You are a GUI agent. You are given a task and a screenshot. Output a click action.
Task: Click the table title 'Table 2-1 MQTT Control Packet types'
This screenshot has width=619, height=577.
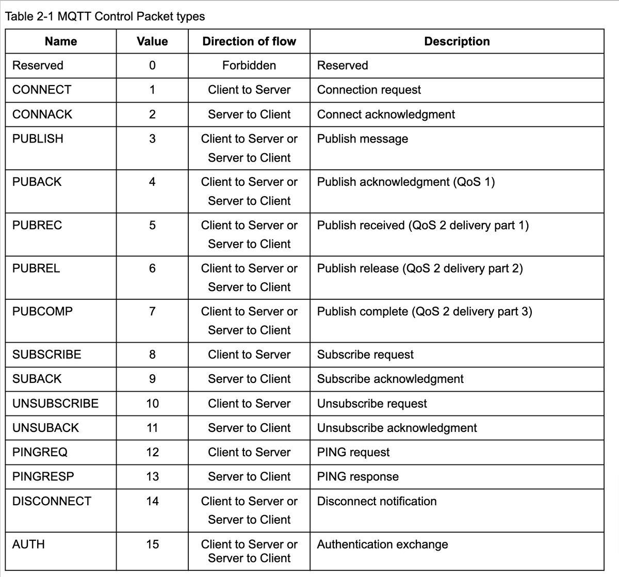[x=105, y=17]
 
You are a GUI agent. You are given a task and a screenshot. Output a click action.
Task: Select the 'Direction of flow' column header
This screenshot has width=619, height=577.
[x=249, y=41]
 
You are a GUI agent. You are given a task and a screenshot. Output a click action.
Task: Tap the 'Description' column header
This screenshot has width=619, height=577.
[x=457, y=41]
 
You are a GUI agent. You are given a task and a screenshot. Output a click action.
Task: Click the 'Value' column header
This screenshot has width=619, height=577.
[x=152, y=41]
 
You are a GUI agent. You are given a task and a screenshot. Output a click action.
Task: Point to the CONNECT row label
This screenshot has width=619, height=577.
[x=42, y=90]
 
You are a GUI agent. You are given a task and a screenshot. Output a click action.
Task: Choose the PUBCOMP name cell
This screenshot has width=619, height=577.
[x=42, y=312]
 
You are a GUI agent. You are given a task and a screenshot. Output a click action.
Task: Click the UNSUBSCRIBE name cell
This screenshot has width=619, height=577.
[x=55, y=404]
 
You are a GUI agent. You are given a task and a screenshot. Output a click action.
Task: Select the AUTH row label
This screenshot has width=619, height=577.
[x=28, y=544]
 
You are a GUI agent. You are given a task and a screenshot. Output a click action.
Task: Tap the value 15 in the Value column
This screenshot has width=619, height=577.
[x=152, y=544]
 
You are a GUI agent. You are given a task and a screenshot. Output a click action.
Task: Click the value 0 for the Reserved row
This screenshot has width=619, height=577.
[x=152, y=66]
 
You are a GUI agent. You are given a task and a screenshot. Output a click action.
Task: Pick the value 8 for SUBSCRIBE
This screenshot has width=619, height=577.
[x=152, y=355]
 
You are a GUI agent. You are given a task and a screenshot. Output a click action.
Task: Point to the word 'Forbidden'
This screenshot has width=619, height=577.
[x=249, y=66]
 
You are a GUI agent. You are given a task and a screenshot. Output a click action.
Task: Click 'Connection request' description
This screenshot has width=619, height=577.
[x=369, y=90]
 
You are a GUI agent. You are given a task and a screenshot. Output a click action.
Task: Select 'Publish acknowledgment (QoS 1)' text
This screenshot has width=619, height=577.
[x=406, y=182]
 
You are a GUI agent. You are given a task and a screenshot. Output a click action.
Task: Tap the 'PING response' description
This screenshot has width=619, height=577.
[x=358, y=477]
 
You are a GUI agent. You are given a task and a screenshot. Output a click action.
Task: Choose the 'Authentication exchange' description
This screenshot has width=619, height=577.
[x=382, y=544]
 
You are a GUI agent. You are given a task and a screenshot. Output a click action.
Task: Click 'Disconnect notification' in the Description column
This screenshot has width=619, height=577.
[x=377, y=501]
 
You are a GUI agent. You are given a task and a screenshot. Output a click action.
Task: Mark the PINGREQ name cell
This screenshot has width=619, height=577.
[x=40, y=453]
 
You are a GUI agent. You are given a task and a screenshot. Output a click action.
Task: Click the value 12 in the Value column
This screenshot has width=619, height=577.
[x=152, y=453]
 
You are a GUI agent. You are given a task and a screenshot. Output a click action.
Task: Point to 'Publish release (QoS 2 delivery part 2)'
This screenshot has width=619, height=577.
[x=420, y=268]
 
